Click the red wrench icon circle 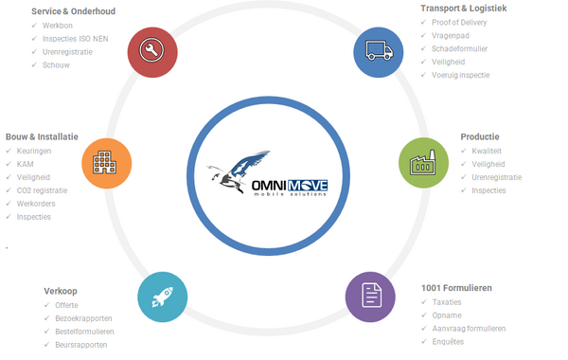152,52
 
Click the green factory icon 423,163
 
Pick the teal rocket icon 163,297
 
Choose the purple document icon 370,297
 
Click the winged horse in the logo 239,171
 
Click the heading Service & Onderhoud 73,11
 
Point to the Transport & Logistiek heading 464,9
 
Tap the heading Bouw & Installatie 42,137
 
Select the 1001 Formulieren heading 456,288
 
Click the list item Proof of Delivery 459,23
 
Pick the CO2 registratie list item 42,190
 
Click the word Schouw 56,65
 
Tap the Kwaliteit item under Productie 487,152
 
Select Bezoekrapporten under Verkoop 83,318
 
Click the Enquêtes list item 448,342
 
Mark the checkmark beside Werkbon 34,25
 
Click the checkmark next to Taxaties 424,301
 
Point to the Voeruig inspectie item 460,76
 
